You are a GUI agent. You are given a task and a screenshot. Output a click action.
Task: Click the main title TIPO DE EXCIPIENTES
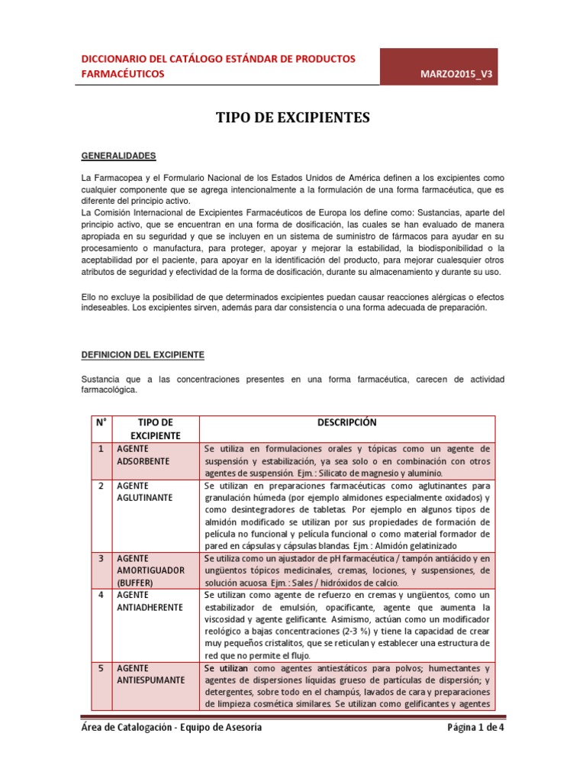click(x=294, y=118)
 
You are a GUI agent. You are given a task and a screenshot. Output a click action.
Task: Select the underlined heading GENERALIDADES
click(x=118, y=156)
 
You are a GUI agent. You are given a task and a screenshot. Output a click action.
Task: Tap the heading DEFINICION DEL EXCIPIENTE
click(x=143, y=355)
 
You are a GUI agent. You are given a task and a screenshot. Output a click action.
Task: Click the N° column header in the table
click(x=100, y=422)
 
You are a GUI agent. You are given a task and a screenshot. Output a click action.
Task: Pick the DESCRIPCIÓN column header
click(x=346, y=422)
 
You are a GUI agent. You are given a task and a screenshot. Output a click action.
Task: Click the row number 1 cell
click(x=100, y=448)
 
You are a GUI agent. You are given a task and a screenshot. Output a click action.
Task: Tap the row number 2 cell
click(x=100, y=486)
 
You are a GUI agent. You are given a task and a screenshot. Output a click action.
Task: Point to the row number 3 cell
click(x=100, y=560)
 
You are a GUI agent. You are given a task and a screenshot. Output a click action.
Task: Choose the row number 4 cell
click(x=100, y=594)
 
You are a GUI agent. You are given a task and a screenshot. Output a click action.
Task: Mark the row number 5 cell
click(x=100, y=668)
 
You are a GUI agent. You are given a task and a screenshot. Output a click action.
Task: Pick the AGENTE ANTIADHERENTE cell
click(x=150, y=602)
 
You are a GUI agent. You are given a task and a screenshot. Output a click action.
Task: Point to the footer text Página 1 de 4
click(x=475, y=728)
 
